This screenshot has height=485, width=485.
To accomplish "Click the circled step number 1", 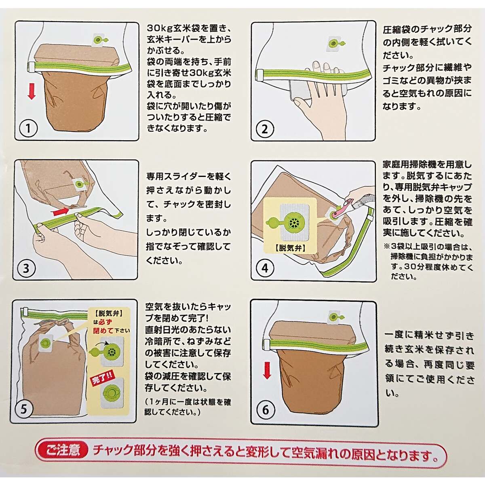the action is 28,129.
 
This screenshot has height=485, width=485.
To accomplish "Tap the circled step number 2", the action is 264,129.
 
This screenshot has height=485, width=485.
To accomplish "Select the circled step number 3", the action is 26,268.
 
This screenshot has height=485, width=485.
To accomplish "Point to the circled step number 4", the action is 265,268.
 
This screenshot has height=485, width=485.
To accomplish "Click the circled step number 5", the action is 23,409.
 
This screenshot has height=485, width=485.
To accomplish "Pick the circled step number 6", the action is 266,410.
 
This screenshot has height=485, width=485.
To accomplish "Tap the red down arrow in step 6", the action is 267,371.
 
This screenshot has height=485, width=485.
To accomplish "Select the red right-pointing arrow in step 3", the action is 61,211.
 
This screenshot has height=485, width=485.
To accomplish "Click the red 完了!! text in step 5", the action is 102,379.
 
